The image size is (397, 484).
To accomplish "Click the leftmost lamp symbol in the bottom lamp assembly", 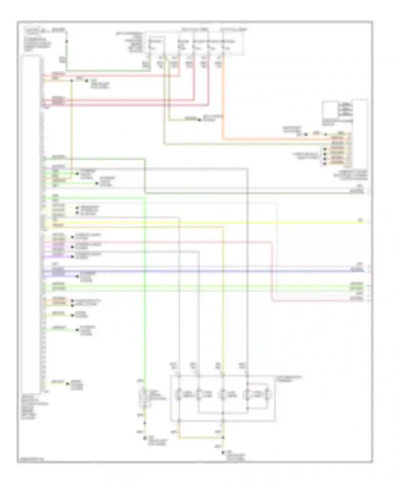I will coord(179,395).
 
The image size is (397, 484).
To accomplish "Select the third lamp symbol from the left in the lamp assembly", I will coord(223,395).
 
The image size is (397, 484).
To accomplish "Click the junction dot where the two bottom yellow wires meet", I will coord(223,437).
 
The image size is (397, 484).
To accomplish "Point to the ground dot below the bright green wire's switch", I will coord(145,438).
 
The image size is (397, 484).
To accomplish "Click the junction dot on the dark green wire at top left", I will coord(66,42).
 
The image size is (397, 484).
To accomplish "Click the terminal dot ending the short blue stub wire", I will coord(77,276).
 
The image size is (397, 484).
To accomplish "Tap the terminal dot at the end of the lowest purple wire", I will coord(72,257).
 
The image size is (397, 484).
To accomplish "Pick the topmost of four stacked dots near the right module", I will coord(325,149).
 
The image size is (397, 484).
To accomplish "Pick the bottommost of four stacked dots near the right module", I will coord(325,164).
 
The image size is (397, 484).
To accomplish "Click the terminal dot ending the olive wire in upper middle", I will coord(200,120).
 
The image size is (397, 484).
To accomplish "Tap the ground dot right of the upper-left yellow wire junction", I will coord(87,80).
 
